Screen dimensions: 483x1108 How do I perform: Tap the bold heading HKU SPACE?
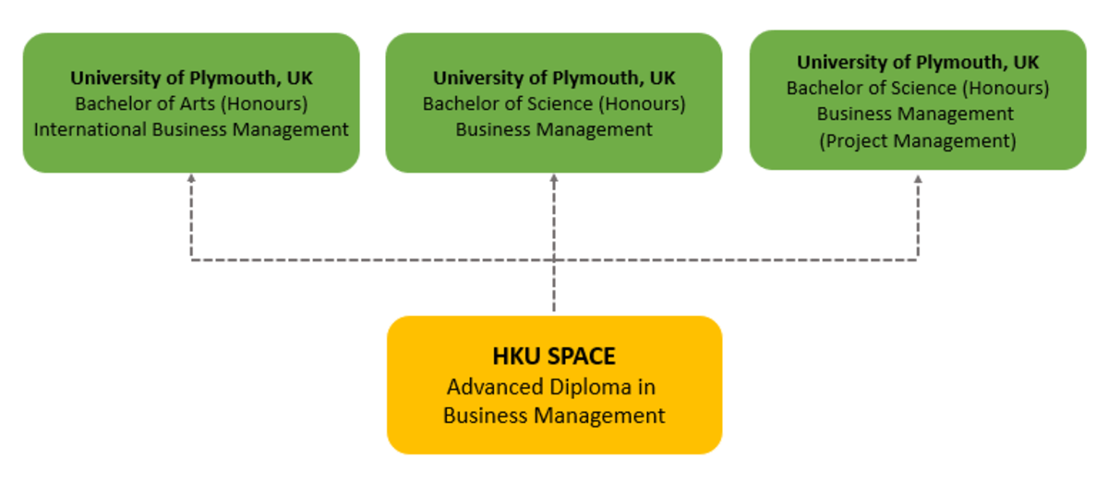[x=554, y=356]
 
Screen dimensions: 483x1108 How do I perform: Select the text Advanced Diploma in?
[x=550, y=386]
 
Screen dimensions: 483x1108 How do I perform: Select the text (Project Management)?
[x=917, y=141]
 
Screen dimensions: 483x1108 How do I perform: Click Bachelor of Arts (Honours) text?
[x=191, y=103]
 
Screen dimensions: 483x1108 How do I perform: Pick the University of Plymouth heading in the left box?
[x=191, y=78]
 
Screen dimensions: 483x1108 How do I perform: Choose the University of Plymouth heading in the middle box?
[x=554, y=78]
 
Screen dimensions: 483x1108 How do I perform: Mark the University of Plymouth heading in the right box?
[x=918, y=63]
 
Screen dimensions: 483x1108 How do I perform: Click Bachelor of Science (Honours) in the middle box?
[x=554, y=103]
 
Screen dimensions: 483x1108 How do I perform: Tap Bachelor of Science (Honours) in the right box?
[x=918, y=89]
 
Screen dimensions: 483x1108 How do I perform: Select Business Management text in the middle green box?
[x=554, y=129]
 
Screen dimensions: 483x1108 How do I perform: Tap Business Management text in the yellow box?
[x=554, y=416]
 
